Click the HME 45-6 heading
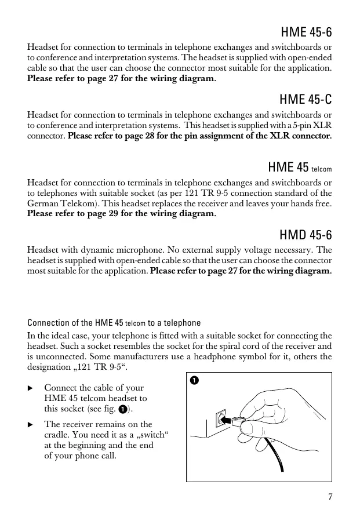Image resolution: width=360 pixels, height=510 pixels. [x=306, y=31]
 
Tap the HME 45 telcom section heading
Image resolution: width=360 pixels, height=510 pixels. [x=300, y=167]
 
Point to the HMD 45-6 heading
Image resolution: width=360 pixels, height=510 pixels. [x=306, y=235]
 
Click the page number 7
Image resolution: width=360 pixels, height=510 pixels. [x=329, y=496]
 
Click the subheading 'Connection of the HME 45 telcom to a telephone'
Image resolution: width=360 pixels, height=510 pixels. [x=114, y=323]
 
